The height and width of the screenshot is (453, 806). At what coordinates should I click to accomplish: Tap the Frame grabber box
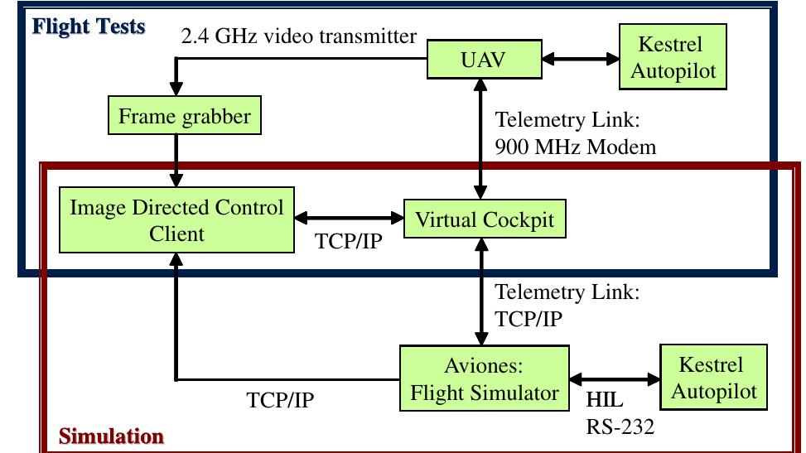click(x=184, y=116)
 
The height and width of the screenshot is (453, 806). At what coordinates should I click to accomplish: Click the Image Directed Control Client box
click(x=176, y=220)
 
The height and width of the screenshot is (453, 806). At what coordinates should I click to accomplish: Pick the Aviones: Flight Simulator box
click(x=485, y=378)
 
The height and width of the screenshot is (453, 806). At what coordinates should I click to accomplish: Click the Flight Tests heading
click(x=89, y=27)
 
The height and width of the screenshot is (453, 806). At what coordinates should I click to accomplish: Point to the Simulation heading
click(x=111, y=436)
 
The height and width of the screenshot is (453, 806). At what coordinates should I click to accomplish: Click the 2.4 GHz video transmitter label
click(x=299, y=36)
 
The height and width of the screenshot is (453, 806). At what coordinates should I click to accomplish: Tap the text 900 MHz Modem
click(x=575, y=147)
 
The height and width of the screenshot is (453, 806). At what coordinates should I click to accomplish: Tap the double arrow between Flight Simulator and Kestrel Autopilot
click(x=614, y=378)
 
